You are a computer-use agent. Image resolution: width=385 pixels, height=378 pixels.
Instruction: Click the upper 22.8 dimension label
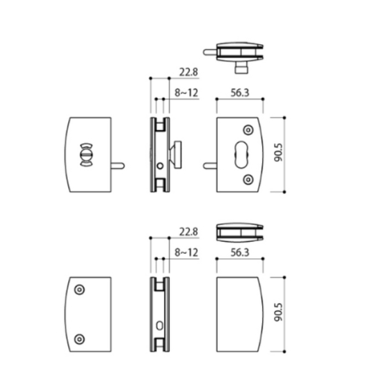pyautogui.click(x=188, y=72)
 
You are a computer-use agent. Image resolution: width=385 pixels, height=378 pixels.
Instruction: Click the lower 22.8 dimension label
pyautogui.click(x=188, y=232)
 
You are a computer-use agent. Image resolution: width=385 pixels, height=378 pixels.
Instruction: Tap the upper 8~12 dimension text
pyautogui.click(x=186, y=93)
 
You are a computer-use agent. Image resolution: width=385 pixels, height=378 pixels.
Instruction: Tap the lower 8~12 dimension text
pyautogui.click(x=186, y=253)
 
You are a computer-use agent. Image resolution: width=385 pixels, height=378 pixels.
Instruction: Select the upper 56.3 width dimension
pyautogui.click(x=240, y=93)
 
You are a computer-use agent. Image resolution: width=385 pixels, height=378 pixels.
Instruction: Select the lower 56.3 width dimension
pyautogui.click(x=240, y=253)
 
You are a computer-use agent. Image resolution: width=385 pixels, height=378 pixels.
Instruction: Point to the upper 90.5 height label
pyautogui.click(x=278, y=153)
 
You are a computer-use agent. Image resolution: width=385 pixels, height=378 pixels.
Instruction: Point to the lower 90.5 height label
pyautogui.click(x=278, y=312)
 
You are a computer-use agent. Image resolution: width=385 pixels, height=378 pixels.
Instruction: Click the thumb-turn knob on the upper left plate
pyautogui.click(x=86, y=155)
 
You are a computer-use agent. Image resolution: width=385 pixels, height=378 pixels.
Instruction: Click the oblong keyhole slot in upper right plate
pyautogui.click(x=242, y=155)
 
